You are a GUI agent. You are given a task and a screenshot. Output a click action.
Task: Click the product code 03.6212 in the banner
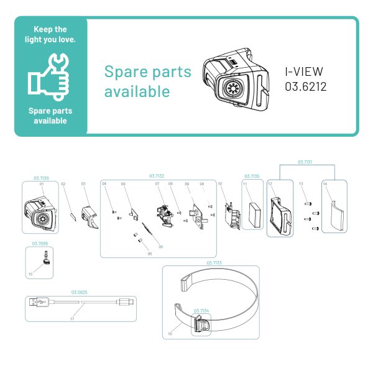306,86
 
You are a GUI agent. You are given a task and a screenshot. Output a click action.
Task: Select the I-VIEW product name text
304,71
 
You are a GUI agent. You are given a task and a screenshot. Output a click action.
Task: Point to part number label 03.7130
41,177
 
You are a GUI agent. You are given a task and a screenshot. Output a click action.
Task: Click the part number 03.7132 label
157,177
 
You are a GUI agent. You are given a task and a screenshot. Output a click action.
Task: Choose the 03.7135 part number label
252,177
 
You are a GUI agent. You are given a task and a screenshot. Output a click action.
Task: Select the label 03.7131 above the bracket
305,162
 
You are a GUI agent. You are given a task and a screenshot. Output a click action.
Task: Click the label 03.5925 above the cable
79,292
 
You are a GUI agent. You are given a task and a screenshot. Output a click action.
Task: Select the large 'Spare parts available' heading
148,81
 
